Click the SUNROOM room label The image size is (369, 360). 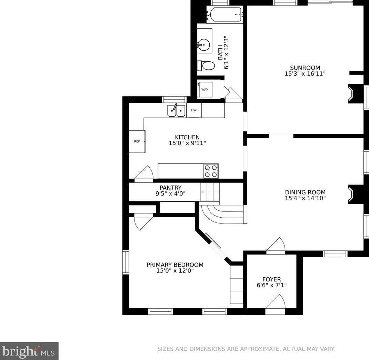tap(305, 68)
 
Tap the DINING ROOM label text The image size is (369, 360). tap(305, 192)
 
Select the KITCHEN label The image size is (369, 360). tap(187, 137)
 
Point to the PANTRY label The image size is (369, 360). tap(170, 188)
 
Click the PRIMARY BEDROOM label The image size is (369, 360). tap(175, 265)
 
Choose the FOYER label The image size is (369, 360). tap(271, 279)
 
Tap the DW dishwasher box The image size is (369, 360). tap(194, 110)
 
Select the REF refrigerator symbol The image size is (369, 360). tap(137, 141)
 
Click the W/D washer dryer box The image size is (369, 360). tap(205, 90)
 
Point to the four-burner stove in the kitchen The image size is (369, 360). tap(211, 171)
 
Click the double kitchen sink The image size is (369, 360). tap(177, 111)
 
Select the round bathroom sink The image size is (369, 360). tap(204, 44)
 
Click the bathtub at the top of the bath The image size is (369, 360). tap(225, 14)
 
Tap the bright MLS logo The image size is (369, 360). tap(29, 351)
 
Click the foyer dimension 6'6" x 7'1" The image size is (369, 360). tap(271, 285)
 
